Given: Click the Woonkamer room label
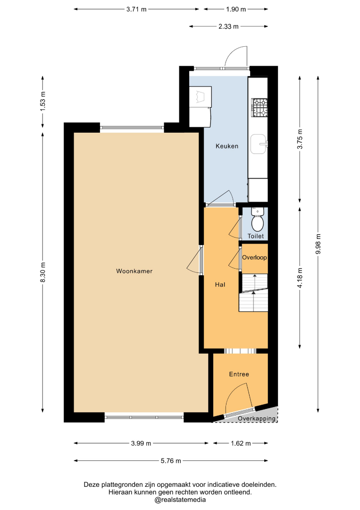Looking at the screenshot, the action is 134,271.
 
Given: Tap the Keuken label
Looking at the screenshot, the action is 227,146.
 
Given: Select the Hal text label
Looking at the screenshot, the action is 220,285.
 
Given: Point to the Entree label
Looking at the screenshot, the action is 239,374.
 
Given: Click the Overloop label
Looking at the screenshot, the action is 254,257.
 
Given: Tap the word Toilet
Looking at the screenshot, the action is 256,236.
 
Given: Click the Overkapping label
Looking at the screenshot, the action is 257,418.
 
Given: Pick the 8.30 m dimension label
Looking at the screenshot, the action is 43,272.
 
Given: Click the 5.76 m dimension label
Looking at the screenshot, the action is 171,460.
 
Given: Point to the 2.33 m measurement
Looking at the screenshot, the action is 228,26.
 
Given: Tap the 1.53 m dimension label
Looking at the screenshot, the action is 43,101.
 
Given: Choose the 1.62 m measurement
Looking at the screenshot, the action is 241,443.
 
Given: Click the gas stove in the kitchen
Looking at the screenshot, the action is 260,108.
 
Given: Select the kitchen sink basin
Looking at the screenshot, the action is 259,144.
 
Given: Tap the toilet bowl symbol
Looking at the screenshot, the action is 258,223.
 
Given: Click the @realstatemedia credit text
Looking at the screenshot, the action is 180,500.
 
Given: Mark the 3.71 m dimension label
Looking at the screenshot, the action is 136,9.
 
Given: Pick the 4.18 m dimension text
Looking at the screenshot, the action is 300,278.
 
